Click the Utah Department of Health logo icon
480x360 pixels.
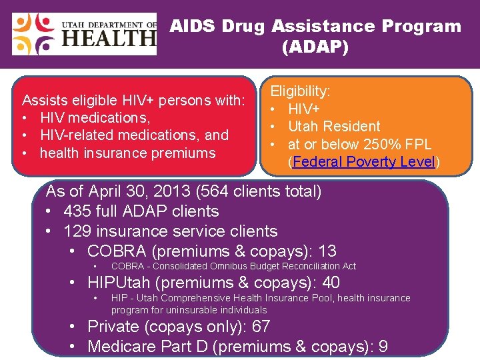(34, 34)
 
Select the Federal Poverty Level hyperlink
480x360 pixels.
(363, 162)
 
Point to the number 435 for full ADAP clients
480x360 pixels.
(79, 211)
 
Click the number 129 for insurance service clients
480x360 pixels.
(79, 231)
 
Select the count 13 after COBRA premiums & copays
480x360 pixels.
(327, 251)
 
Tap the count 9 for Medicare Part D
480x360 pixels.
(383, 347)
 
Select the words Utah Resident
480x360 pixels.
(334, 126)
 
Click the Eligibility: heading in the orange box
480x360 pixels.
(299, 91)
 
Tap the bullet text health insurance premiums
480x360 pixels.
(127, 153)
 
